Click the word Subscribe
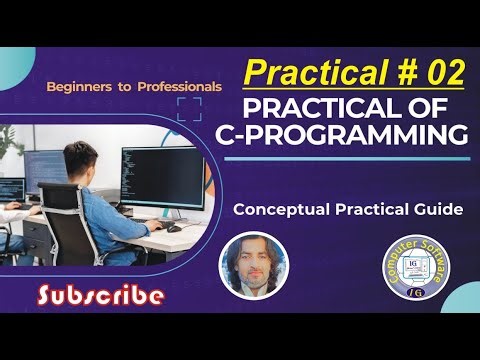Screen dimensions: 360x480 (x=100, y=295)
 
